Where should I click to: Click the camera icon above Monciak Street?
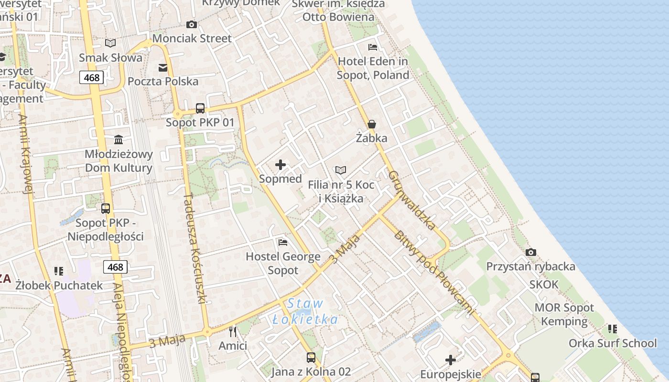(x=192, y=24)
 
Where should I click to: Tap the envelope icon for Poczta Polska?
(x=163, y=67)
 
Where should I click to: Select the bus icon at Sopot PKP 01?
(x=200, y=108)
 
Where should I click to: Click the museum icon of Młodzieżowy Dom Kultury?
(x=119, y=139)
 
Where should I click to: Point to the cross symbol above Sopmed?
(x=281, y=165)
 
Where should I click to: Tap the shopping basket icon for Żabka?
(x=372, y=124)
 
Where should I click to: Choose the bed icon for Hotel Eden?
(x=373, y=47)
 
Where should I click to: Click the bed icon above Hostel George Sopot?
(x=283, y=243)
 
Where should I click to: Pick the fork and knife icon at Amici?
(x=233, y=331)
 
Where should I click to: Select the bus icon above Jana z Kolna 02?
(x=311, y=357)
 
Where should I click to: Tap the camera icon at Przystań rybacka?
(x=530, y=252)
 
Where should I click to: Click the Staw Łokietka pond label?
(x=305, y=311)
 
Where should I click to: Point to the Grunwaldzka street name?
(x=412, y=201)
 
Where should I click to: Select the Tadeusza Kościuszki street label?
(x=195, y=248)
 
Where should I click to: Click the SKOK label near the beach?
(x=543, y=285)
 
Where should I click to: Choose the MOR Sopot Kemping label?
(x=564, y=314)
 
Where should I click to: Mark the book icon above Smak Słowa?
(x=110, y=43)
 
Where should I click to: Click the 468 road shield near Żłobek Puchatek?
(x=115, y=267)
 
